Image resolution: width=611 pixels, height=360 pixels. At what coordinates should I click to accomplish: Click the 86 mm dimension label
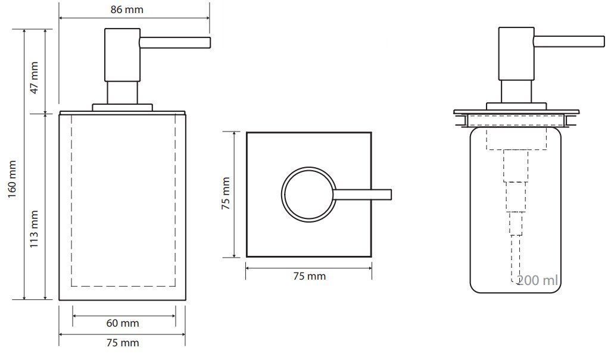pyautogui.click(x=127, y=10)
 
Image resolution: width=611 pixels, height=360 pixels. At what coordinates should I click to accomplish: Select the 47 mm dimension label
pyautogui.click(x=35, y=77)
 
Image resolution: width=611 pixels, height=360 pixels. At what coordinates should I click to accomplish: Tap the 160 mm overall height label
pyautogui.click(x=13, y=179)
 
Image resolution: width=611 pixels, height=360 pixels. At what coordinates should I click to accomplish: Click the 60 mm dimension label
pyautogui.click(x=122, y=323)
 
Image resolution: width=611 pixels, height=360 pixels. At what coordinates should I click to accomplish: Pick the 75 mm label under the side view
pyautogui.click(x=122, y=343)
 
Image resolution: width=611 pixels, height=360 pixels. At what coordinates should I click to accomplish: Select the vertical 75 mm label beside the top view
pyautogui.click(x=226, y=193)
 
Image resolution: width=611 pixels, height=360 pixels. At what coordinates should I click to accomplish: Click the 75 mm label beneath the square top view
pyautogui.click(x=310, y=276)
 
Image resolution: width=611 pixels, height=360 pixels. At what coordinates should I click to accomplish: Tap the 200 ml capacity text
pyautogui.click(x=537, y=280)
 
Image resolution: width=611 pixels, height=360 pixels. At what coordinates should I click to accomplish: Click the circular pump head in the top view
pyautogui.click(x=283, y=195)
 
